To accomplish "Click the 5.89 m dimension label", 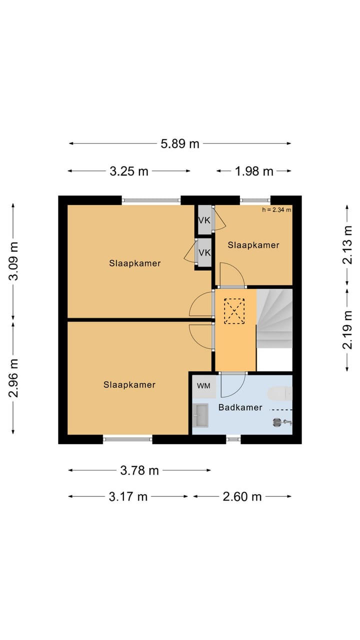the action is (x=180, y=143).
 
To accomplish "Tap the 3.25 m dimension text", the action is (x=129, y=171).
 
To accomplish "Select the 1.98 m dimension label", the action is (x=254, y=171).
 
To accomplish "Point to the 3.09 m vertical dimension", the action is (x=13, y=261).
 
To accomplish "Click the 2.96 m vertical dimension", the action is (x=13, y=378).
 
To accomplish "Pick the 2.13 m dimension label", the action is (x=347, y=245).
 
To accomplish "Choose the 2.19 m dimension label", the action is (x=347, y=330).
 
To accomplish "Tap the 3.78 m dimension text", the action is (x=139, y=470).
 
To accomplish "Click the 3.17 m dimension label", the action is (x=128, y=496).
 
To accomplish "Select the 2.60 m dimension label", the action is (x=242, y=496).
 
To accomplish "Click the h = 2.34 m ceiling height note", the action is (x=276, y=209).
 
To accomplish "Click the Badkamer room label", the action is (x=240, y=407).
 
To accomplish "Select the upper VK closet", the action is (x=204, y=220).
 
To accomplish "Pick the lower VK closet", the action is (x=204, y=252).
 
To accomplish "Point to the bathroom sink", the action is (x=200, y=415).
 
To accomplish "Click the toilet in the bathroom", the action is (x=280, y=393).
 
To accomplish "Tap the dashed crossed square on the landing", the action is (x=234, y=311).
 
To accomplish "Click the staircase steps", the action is (x=274, y=318).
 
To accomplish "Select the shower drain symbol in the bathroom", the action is (x=277, y=422).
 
